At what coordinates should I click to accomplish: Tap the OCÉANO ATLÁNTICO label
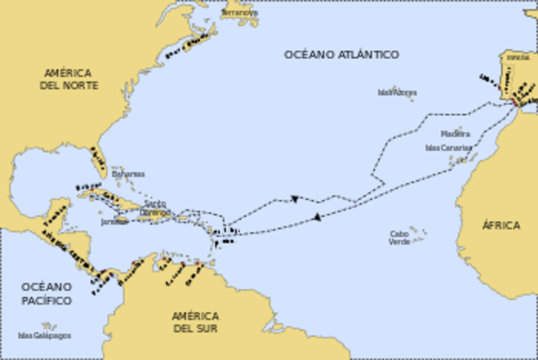pos(341,55)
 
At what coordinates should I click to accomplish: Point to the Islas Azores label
pos(396,93)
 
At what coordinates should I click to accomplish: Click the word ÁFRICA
pos(501,225)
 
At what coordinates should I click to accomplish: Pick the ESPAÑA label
pos(514,56)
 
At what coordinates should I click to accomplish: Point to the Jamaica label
pos(114,222)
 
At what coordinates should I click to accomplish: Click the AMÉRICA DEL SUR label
pos(195,322)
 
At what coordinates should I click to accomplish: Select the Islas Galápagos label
pos(44,335)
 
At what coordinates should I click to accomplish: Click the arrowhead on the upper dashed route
pos(295,199)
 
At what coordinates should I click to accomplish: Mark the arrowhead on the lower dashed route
pos(317,217)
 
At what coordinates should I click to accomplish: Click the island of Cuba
pos(109,198)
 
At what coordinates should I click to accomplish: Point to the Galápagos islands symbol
pos(49,326)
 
